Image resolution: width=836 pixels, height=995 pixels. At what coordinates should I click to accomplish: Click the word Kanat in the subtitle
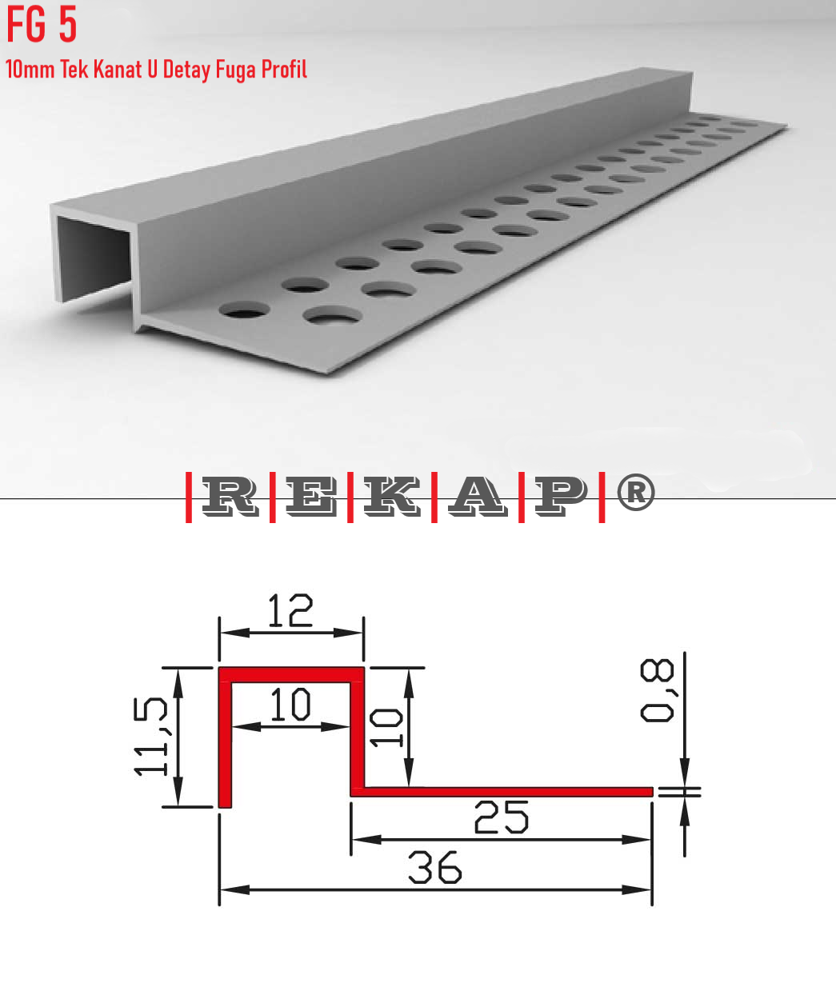click(x=118, y=70)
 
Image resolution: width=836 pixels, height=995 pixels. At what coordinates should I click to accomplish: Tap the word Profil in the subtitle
click(x=284, y=70)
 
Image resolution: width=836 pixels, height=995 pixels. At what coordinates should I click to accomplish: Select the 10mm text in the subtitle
click(x=30, y=70)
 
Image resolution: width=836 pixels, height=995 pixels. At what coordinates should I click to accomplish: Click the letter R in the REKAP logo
click(x=230, y=497)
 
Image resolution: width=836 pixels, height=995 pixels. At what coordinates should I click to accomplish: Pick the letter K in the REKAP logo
click(x=392, y=497)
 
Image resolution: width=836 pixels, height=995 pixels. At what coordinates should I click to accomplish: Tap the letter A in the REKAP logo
click(x=477, y=497)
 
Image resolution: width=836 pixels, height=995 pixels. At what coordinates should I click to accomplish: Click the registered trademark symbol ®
click(x=636, y=493)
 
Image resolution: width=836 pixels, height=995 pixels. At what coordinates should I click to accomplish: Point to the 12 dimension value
click(x=290, y=612)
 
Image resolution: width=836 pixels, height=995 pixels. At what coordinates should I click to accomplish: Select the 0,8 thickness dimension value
click(x=658, y=692)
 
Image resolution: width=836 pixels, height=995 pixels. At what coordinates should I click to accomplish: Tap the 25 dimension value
click(x=501, y=817)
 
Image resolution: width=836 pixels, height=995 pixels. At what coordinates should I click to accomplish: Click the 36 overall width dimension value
click(x=434, y=868)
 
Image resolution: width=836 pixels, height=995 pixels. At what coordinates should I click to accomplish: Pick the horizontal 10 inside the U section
click(x=290, y=705)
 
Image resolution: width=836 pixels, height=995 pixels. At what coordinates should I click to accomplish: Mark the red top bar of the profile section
click(x=291, y=675)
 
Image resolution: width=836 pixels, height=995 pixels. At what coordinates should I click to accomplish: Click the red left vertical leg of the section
click(x=225, y=744)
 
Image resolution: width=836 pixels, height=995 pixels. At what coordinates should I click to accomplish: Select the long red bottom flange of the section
click(x=504, y=792)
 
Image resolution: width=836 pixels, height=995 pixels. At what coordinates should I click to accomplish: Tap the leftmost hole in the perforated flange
click(x=244, y=309)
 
